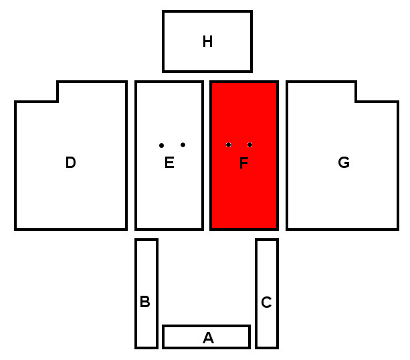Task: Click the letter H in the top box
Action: click(x=207, y=42)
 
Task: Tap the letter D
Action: click(x=70, y=163)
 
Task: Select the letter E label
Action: click(x=169, y=163)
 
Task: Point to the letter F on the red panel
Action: click(x=243, y=163)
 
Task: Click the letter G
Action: click(x=344, y=163)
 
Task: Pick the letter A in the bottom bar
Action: click(x=208, y=339)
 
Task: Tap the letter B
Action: click(x=144, y=302)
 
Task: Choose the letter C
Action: click(x=266, y=303)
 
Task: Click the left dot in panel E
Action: click(x=161, y=145)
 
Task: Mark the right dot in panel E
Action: click(x=183, y=145)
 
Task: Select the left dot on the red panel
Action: click(x=228, y=145)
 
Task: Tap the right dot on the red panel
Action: click(x=249, y=145)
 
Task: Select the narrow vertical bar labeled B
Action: click(x=146, y=268)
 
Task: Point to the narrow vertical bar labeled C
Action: click(x=266, y=268)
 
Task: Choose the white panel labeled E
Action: click(x=169, y=194)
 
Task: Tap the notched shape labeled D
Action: click(x=70, y=194)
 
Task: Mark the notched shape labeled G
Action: click(x=344, y=194)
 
